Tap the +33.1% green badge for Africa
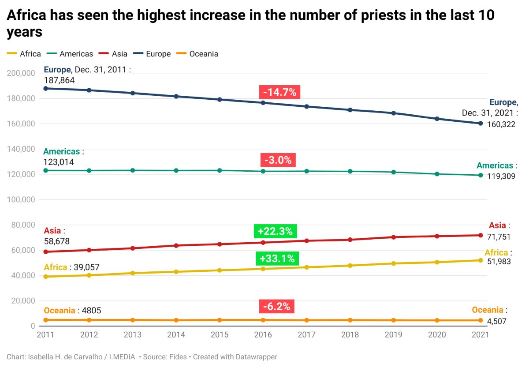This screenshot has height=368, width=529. click(277, 259)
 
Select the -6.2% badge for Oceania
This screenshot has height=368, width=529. click(277, 307)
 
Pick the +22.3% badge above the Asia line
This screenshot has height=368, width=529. click(275, 231)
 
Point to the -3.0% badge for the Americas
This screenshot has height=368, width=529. click(278, 160)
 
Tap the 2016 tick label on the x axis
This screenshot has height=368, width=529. click(263, 335)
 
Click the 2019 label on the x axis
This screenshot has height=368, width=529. click(393, 335)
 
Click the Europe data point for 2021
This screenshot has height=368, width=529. click(481, 123)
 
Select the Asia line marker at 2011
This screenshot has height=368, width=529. click(46, 252)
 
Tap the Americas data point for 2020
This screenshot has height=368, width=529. click(437, 174)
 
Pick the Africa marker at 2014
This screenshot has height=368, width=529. click(176, 272)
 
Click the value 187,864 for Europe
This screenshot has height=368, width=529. click(59, 80)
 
